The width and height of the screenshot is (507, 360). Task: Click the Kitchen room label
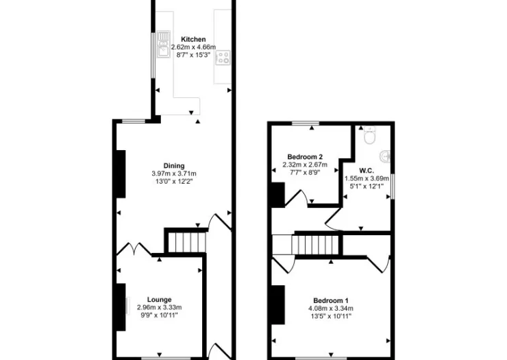click(193, 39)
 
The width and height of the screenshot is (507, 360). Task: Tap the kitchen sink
click(164, 44)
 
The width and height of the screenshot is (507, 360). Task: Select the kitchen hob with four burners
click(223, 58)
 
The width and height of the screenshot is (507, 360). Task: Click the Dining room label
click(174, 166)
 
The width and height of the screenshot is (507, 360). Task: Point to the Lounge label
click(159, 300)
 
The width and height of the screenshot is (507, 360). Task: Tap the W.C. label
click(367, 171)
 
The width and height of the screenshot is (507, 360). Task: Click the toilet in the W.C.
click(369, 134)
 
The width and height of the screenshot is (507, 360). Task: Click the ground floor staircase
click(187, 242)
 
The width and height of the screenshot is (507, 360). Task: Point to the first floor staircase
click(315, 245)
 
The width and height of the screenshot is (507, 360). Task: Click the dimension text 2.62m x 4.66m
click(193, 47)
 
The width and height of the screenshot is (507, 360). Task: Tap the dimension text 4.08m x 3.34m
click(331, 308)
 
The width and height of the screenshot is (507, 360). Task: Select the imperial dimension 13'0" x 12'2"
click(174, 181)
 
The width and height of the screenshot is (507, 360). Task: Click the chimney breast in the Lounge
click(121, 307)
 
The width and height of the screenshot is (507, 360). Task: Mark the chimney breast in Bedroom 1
click(277, 304)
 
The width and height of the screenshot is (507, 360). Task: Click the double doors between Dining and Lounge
click(134, 249)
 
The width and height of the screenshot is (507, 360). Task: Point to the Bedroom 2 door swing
click(296, 198)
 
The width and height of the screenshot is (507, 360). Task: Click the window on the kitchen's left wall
click(153, 55)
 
